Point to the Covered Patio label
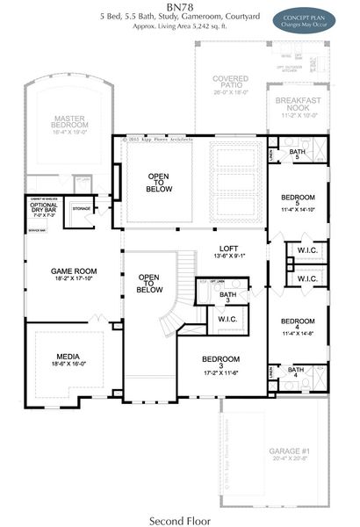[230, 83]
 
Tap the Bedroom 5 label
[299, 199]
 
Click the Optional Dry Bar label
[44, 209]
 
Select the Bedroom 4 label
[299, 327]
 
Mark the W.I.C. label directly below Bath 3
[228, 320]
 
